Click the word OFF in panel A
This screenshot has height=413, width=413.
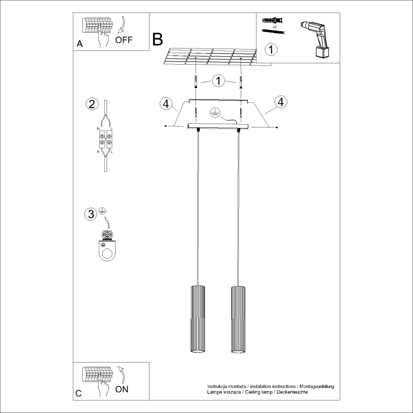124,39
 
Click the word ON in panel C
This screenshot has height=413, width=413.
122,389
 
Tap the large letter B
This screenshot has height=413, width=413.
157,39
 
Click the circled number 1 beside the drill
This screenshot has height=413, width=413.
270,49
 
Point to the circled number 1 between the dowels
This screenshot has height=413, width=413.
218,81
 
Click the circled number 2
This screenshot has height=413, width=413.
92,104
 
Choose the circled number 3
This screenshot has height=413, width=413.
90,214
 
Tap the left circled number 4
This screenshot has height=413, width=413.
166,104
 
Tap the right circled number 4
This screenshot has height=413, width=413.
281,101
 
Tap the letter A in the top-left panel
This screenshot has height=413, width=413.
79,44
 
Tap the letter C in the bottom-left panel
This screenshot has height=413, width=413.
79,393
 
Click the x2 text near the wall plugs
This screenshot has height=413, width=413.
275,28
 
